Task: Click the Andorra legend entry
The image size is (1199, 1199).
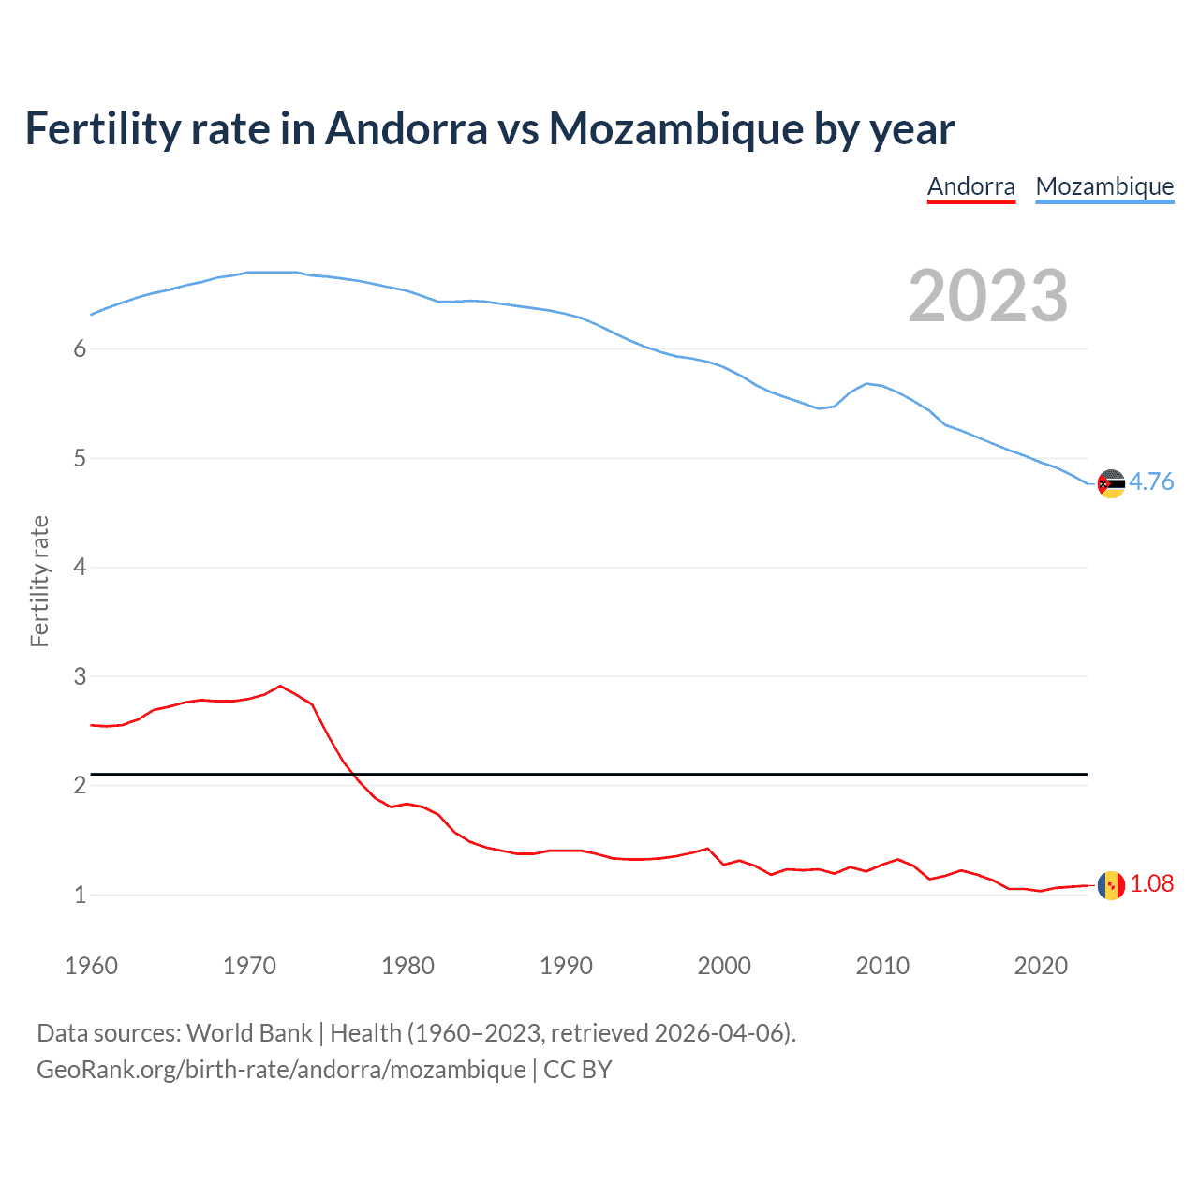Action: [x=970, y=186]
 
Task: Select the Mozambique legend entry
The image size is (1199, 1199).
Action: [x=1104, y=186]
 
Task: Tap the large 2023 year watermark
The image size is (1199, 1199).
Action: [x=988, y=296]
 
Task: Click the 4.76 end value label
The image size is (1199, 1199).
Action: [x=1151, y=481]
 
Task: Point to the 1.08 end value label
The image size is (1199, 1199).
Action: [x=1151, y=883]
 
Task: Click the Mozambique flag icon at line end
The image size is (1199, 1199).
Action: [x=1111, y=483]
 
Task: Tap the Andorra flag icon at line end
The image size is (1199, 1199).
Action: [x=1111, y=885]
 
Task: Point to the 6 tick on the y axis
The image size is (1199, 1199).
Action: [x=80, y=349]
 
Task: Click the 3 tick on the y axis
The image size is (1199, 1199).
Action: [x=80, y=676]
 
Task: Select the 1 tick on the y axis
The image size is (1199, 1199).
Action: [x=80, y=895]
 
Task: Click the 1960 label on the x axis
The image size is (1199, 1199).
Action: [x=91, y=966]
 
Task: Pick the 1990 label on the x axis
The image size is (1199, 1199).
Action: [x=566, y=966]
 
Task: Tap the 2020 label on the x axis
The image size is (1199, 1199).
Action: [x=1041, y=966]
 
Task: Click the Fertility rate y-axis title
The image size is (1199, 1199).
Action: [x=39, y=581]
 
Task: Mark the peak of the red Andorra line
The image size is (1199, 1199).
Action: [x=280, y=686]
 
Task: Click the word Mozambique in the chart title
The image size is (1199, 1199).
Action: [x=675, y=128]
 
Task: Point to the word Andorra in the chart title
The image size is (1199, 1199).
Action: [x=407, y=128]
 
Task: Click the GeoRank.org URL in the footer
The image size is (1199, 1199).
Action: [x=281, y=1070]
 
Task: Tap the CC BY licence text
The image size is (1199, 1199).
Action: [x=578, y=1070]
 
